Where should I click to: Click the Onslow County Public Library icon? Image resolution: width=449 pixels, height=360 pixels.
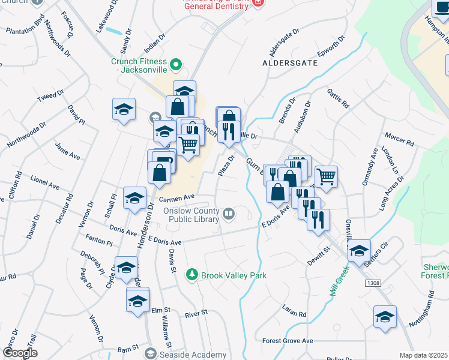coord(229,214)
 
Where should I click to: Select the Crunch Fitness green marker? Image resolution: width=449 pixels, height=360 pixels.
coord(175,64)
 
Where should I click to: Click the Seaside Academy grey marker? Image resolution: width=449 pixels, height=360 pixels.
coord(151,353)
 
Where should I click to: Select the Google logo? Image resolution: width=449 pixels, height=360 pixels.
coord(19,353)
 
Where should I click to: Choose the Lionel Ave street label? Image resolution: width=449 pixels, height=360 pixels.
coord(44,182)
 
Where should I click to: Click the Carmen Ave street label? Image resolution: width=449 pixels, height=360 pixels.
coord(177,197)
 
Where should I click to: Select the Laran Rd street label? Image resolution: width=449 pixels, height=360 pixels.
coord(294,311)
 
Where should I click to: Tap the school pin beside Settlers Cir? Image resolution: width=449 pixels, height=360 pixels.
coord(359,251)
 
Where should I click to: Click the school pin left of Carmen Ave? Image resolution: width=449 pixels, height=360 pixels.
coord(134,198)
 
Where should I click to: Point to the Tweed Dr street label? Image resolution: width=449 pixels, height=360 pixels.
coord(50,97)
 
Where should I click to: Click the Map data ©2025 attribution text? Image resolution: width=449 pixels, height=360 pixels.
coord(423,355)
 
